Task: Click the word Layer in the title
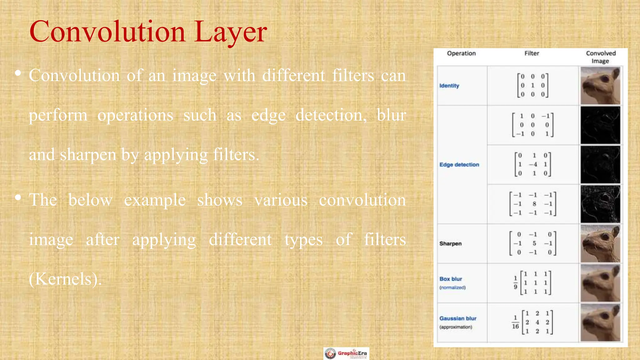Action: [230, 32]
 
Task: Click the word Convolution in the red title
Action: [107, 32]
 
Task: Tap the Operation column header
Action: [461, 53]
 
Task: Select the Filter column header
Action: [532, 53]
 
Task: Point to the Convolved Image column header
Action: [600, 57]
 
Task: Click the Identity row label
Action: [449, 86]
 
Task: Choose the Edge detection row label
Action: [459, 165]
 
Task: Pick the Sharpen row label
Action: [450, 243]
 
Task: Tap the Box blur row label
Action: [451, 279]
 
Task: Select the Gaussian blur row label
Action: [458, 318]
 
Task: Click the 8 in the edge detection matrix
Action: [534, 204]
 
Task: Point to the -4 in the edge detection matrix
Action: [533, 164]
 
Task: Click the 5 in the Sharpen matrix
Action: [534, 243]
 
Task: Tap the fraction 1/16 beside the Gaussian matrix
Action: [515, 322]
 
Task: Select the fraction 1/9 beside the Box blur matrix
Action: [516, 282]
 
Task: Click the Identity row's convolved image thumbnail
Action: [600, 86]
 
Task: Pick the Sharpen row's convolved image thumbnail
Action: [600, 243]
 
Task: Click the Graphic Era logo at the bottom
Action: [346, 353]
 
